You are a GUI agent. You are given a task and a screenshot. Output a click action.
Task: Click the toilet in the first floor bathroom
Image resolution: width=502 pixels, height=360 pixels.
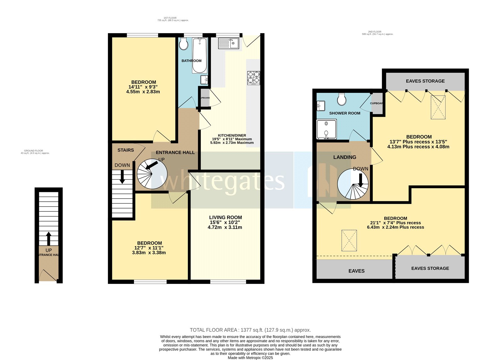pyautogui.click(x=184, y=44)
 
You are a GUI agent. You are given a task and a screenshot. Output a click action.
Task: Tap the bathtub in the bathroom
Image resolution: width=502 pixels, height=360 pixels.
pyautogui.click(x=200, y=55)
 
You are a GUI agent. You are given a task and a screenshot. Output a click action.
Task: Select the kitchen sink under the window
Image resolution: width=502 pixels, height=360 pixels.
pyautogui.click(x=229, y=43)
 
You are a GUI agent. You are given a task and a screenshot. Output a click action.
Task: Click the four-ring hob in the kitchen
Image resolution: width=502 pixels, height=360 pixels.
pyautogui.click(x=254, y=78)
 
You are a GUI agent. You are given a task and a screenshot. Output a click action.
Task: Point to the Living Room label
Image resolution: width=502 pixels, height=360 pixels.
pyautogui.click(x=225, y=217)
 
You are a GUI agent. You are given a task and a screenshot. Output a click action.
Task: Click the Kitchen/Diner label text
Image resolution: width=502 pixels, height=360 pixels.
pyautogui.click(x=232, y=135)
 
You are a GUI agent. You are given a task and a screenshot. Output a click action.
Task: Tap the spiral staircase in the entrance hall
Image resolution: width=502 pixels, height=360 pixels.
pyautogui.click(x=152, y=173)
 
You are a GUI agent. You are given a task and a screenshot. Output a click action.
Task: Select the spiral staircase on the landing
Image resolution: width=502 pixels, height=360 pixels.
pyautogui.click(x=353, y=184)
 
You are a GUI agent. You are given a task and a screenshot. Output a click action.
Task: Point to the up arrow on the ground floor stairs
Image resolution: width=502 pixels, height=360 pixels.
pyautogui.click(x=48, y=239)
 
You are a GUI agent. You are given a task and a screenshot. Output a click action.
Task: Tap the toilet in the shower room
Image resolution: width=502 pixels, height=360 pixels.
pyautogui.click(x=342, y=99)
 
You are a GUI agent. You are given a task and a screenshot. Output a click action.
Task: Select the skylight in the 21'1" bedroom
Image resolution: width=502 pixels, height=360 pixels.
pyautogui.click(x=349, y=241)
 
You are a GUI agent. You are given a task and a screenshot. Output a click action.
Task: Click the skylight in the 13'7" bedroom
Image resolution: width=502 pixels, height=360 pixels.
pyautogui.click(x=438, y=107)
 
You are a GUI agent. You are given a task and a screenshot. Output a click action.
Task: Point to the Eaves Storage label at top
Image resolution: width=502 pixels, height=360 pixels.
pyautogui.click(x=425, y=81)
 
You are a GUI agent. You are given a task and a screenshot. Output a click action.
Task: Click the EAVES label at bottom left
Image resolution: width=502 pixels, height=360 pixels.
pyautogui.click(x=356, y=271)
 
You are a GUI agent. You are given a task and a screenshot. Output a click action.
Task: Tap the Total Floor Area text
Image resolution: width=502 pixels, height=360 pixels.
pyautogui.click(x=250, y=330)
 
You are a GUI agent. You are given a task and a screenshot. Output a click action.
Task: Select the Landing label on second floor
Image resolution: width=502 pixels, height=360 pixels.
pyautogui.click(x=344, y=157)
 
